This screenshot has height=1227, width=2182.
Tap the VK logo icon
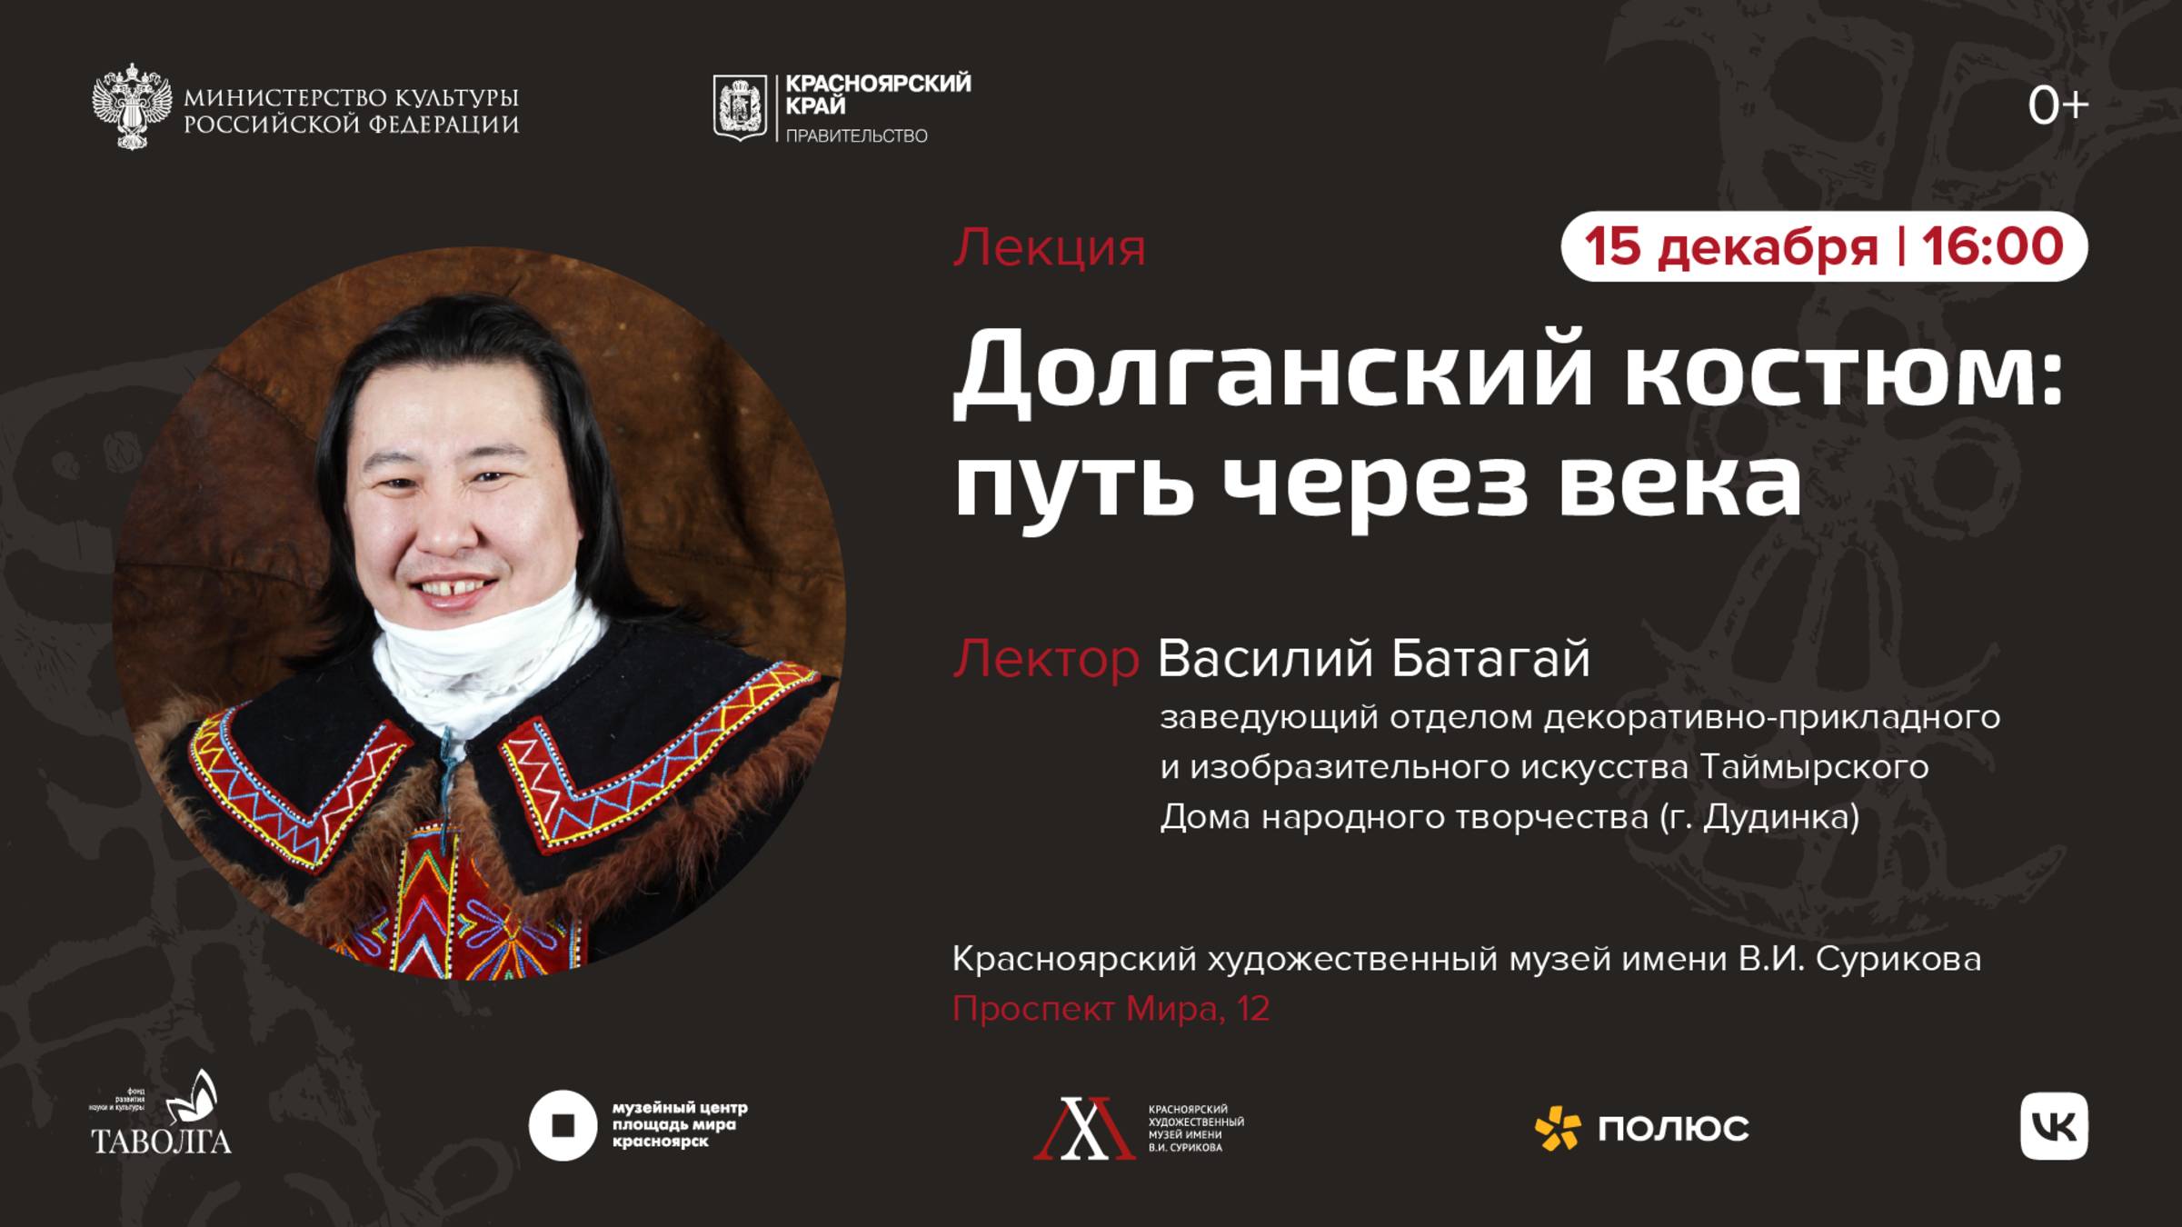[2054, 1126]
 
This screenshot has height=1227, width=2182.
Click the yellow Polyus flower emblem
[1557, 1128]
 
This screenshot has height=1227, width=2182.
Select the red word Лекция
[1049, 247]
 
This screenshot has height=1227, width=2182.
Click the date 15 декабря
[1730, 246]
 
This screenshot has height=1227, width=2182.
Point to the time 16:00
[1992, 246]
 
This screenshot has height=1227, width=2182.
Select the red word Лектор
[1045, 659]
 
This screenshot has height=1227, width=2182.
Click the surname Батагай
[1490, 659]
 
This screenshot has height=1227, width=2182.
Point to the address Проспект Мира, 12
[1111, 1009]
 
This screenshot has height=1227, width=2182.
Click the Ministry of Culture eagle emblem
[132, 106]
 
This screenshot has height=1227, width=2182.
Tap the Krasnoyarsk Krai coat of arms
[739, 107]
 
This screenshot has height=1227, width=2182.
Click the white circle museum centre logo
[563, 1125]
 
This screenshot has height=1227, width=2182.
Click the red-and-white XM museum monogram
[1084, 1128]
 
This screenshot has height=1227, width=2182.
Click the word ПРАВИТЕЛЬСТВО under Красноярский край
[856, 136]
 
